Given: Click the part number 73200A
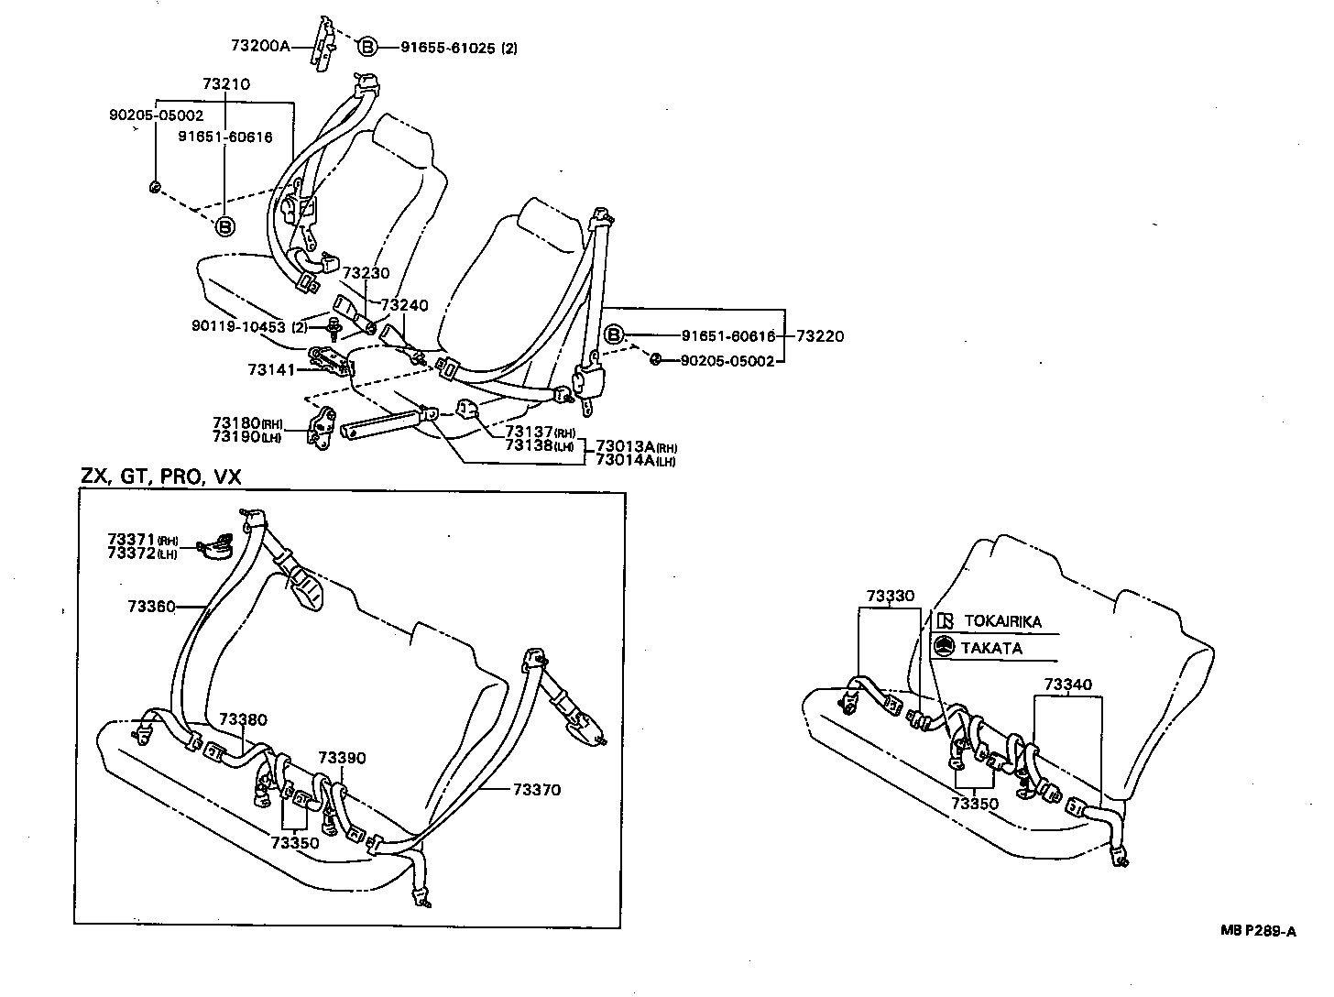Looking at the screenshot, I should click(260, 45).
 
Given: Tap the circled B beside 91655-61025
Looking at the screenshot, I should click(366, 47).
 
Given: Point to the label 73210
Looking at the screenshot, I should click(226, 84).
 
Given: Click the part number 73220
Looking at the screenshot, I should click(820, 336).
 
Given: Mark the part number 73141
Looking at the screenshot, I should click(271, 369).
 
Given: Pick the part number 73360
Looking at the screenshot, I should click(150, 606).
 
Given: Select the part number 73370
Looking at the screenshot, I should click(536, 789).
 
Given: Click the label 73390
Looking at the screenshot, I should click(342, 758).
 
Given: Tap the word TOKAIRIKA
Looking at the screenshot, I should click(1002, 621).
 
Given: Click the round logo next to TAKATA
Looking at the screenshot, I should click(944, 647).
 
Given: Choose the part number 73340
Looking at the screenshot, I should click(1067, 685).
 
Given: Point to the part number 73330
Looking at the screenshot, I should click(890, 596).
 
